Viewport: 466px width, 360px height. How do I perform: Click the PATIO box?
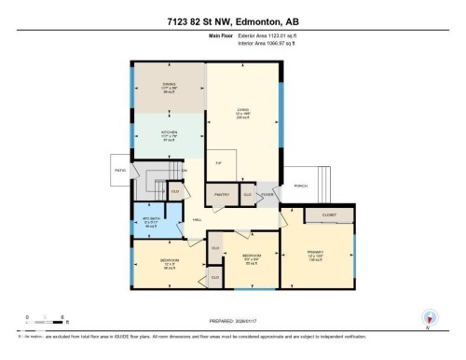pos(120,171)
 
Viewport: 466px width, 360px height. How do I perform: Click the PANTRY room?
pos(221,195)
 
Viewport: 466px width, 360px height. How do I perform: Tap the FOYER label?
pos(267,195)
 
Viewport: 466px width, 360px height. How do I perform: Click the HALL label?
pos(197,220)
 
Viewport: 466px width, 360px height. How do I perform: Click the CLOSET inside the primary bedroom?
pos(328,214)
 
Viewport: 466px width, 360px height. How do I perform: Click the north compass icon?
pos(429,317)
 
